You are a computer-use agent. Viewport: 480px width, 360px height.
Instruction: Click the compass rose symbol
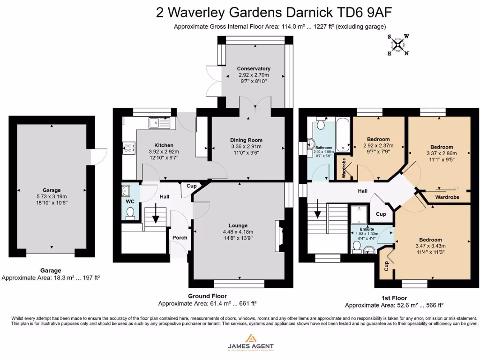coord(398,45)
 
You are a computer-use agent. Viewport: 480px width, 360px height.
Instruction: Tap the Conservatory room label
coord(254,68)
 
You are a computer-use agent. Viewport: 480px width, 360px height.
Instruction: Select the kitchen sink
coord(160,123)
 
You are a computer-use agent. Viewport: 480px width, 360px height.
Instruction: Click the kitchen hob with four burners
coord(128,149)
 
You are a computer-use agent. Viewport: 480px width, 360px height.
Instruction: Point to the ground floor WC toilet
coord(131,214)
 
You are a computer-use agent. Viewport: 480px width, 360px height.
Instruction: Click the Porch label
coord(180,238)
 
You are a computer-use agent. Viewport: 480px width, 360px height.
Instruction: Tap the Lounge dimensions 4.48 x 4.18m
coord(238,232)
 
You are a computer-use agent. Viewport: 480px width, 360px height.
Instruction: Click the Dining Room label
coord(246,140)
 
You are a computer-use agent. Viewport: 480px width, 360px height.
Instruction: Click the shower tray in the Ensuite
coord(360,216)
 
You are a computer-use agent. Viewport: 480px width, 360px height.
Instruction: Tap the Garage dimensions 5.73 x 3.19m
coord(52,196)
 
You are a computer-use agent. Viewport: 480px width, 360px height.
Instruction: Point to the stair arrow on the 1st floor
coord(318,210)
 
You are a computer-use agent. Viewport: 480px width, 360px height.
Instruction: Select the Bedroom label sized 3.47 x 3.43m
coord(430,240)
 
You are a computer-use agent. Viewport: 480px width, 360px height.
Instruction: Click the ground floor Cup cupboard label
coord(191,186)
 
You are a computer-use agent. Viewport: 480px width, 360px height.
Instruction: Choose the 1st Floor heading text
coord(394,298)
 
